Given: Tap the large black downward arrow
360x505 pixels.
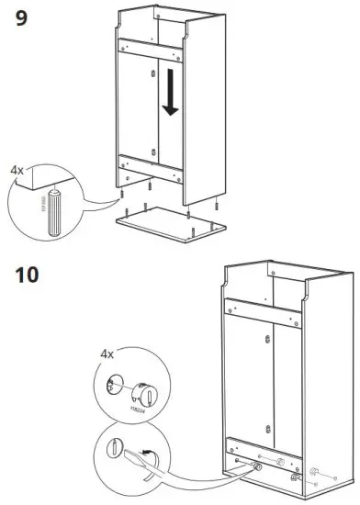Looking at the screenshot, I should coord(170,97).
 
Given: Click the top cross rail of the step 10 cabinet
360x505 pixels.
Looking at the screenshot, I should coord(265,310).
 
